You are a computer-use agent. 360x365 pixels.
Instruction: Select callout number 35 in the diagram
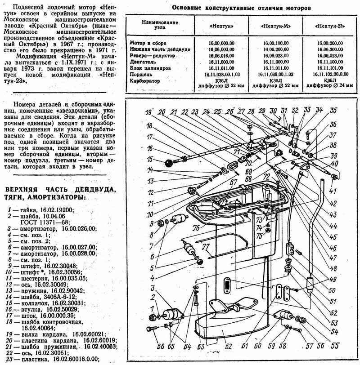point(333,110)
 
